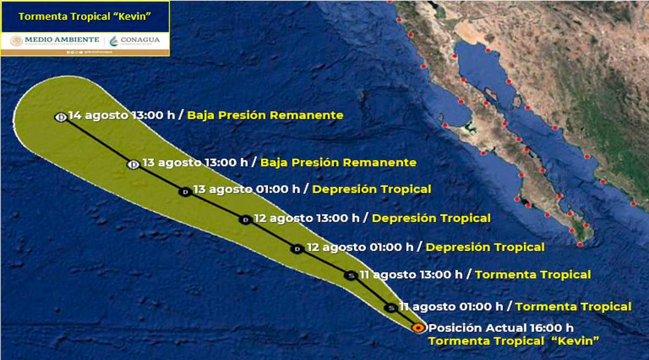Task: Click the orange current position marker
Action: [x=418, y=327]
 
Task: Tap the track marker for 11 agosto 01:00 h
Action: [x=390, y=308]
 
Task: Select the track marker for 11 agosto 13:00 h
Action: [x=350, y=276]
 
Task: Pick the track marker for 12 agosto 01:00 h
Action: [x=296, y=249]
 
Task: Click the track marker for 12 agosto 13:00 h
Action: [x=245, y=219]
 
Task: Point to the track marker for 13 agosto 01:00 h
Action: [x=185, y=191]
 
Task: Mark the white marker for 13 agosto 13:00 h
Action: [x=133, y=164]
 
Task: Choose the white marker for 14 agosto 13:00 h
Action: [x=61, y=117]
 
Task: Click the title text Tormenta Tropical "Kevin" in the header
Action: [x=84, y=16]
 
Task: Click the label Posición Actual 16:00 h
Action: [x=500, y=328]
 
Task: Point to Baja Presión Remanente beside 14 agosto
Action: [x=265, y=115]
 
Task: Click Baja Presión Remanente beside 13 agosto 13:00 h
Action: [x=338, y=162]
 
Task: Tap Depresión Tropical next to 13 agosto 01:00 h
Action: [x=372, y=189]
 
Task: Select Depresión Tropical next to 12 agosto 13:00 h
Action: [x=431, y=218]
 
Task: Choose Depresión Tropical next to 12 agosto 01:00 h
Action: [x=485, y=247]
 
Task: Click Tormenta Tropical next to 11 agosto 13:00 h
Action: [x=533, y=275]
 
